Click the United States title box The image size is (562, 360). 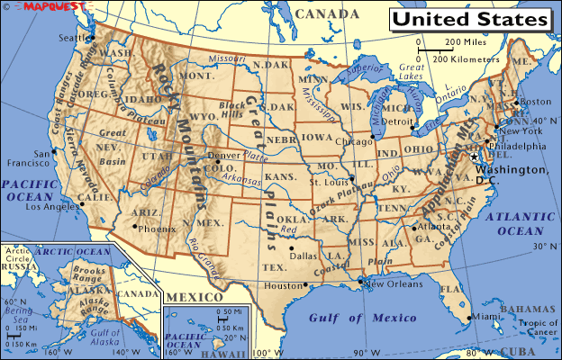[470, 19]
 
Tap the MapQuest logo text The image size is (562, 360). [35, 6]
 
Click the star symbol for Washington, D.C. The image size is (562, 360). [474, 157]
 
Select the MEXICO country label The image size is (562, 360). [196, 297]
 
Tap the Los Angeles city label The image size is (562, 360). [53, 206]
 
